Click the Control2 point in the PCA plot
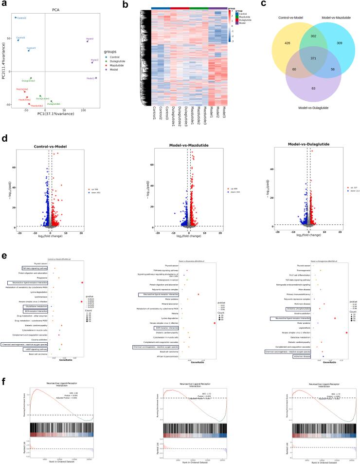point(16,18)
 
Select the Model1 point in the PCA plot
point(96,78)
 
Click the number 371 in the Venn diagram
point(287,58)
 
